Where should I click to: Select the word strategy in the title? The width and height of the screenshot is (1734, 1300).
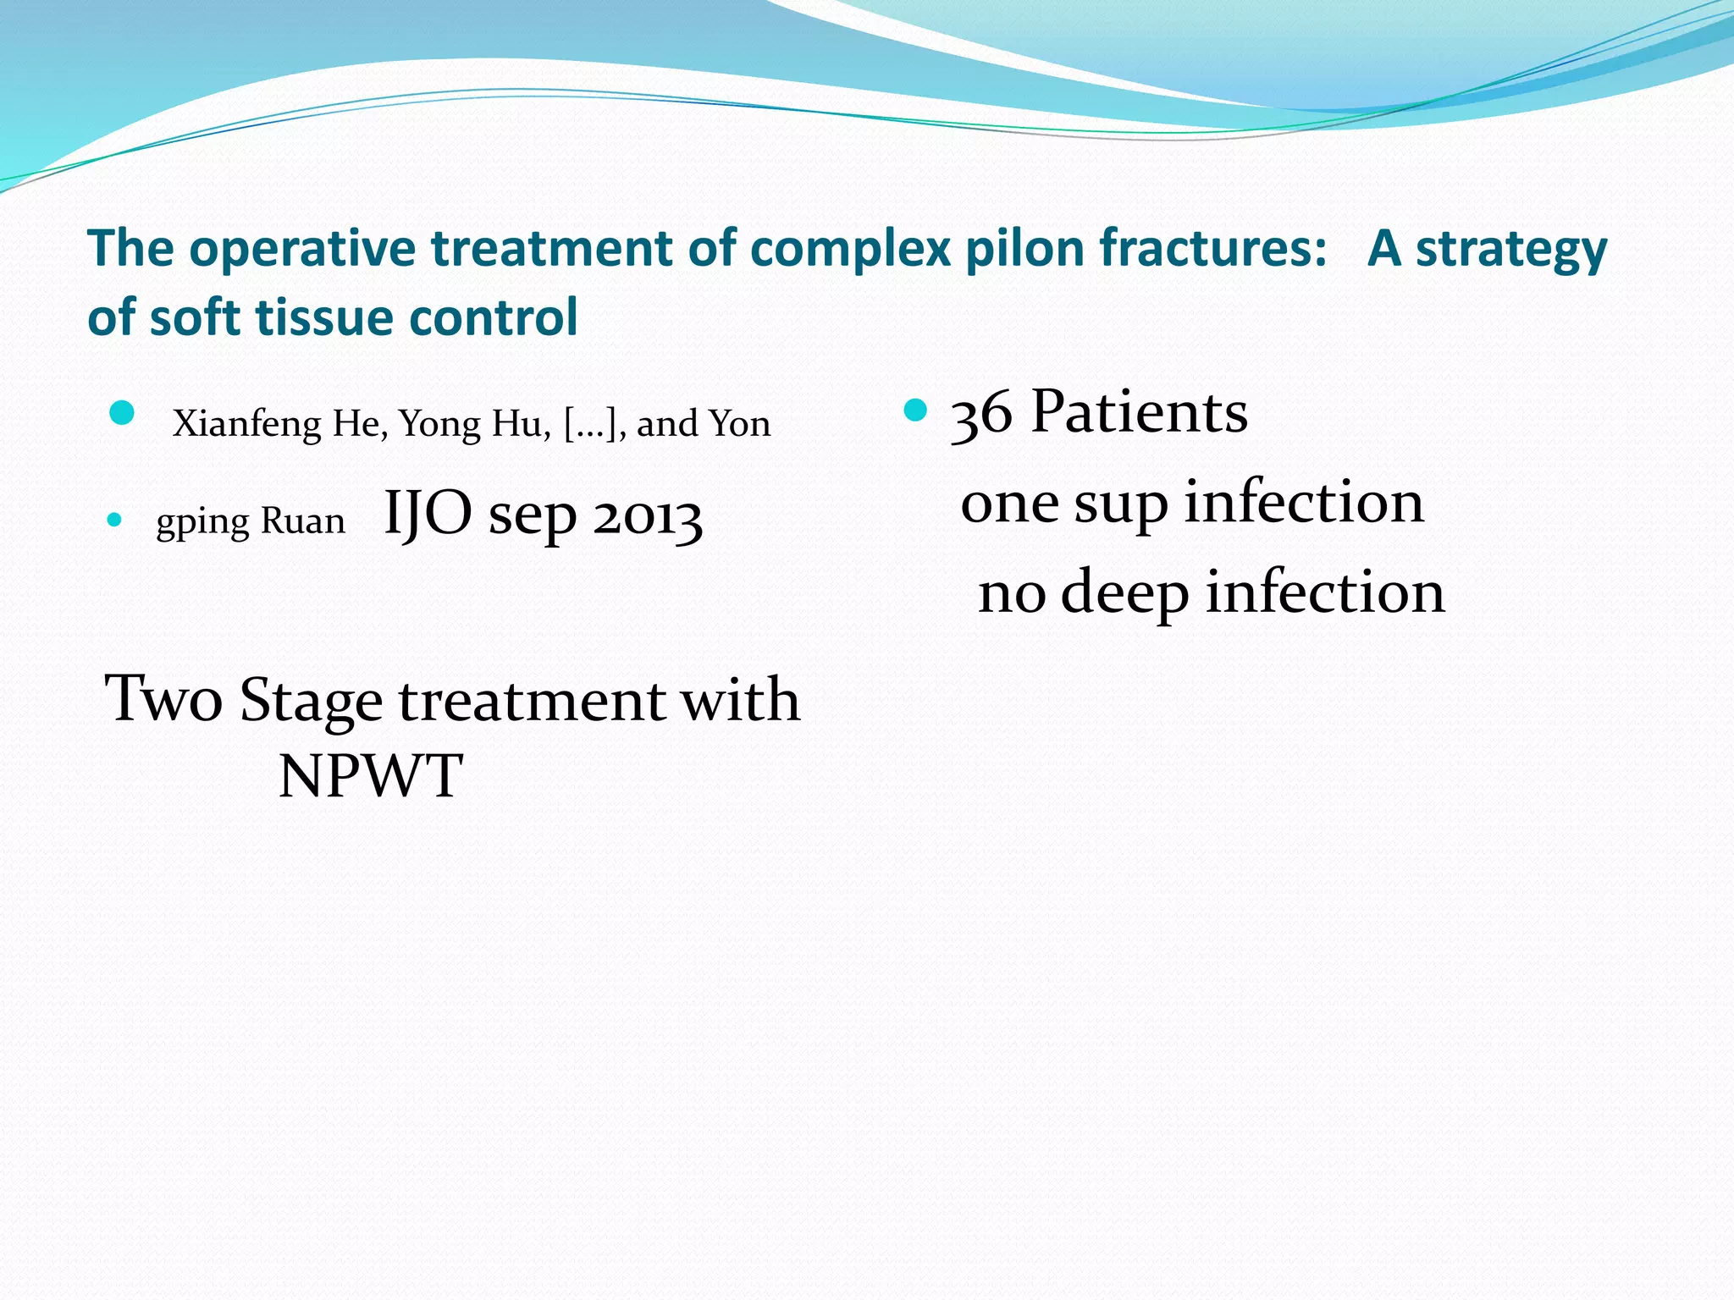[x=1510, y=251]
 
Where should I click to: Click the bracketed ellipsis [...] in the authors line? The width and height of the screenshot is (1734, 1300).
[x=594, y=424]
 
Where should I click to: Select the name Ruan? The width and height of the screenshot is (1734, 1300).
[x=303, y=521]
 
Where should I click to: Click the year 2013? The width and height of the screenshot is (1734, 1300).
[x=647, y=516]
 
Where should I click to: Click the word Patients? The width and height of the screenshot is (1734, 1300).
[x=1139, y=412]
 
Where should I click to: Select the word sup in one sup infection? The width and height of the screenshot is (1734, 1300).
[x=1120, y=504]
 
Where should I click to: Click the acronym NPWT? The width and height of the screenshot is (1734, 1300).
[x=370, y=776]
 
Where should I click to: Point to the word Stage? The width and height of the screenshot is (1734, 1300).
[x=311, y=702]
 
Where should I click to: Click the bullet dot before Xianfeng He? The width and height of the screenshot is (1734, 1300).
[x=122, y=413]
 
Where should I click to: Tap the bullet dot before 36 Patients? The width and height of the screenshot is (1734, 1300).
[x=916, y=411]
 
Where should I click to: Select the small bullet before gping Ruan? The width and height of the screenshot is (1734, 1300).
[x=115, y=520]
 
